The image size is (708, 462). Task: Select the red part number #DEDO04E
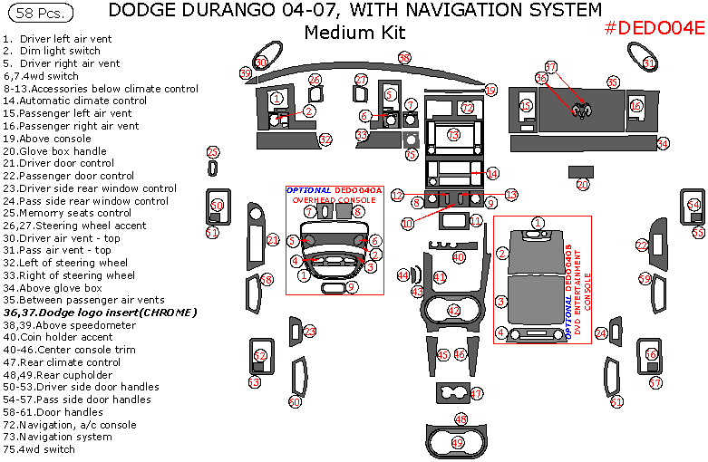tap(654, 28)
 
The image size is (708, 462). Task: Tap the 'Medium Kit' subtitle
tap(354, 33)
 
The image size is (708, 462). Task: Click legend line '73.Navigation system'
tap(58, 437)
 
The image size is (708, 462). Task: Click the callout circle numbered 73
tap(453, 134)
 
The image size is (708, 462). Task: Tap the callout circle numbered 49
tap(458, 442)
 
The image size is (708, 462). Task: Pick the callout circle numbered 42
tap(453, 311)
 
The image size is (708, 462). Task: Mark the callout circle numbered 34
tap(663, 144)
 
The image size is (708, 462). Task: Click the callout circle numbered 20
tap(583, 184)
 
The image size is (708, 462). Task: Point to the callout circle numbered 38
tap(404, 58)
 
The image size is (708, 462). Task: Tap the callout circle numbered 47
tap(476, 394)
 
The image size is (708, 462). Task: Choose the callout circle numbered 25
tap(213, 152)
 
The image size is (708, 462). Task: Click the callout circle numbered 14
tap(492, 173)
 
